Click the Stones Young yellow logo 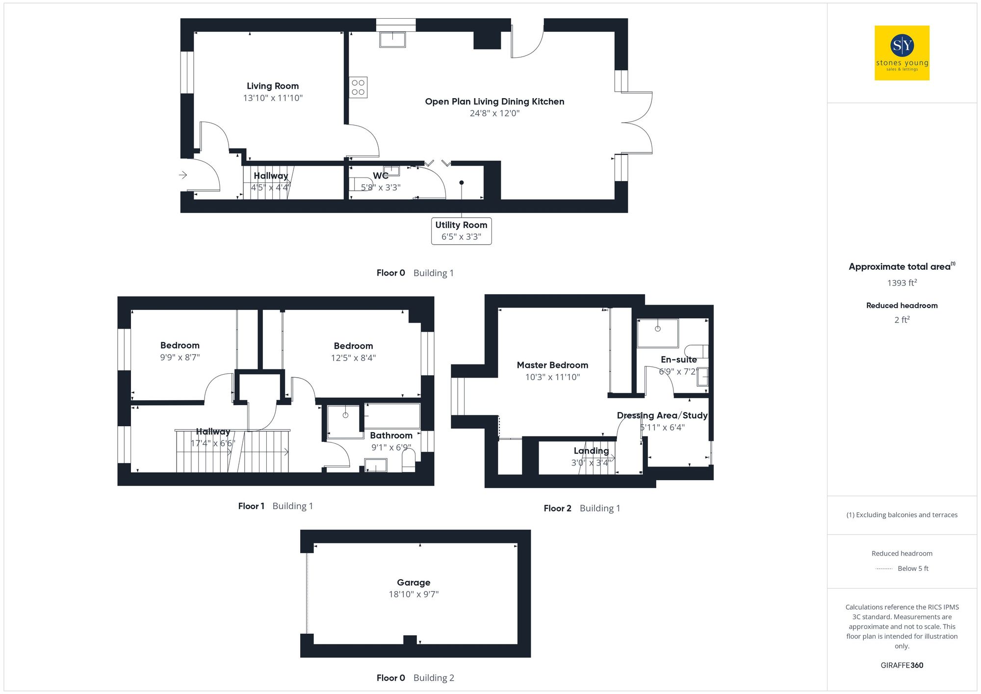pos(902,53)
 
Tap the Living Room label pos(272,86)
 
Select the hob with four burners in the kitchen pos(358,87)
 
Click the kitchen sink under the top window pos(392,39)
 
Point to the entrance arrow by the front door pos(183,175)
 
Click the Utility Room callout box pos(461,231)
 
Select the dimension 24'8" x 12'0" pos(494,113)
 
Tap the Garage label pos(413,582)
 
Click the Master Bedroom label pos(552,365)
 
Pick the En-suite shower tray pos(657,333)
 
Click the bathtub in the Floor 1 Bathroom pos(392,416)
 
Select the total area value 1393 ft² pos(902,283)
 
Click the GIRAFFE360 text pos(902,665)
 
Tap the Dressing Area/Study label pos(662,415)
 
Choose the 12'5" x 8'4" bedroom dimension pos(353,358)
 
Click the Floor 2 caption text pos(557,508)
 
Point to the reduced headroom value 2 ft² pos(902,320)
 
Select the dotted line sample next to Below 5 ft pos(884,569)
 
